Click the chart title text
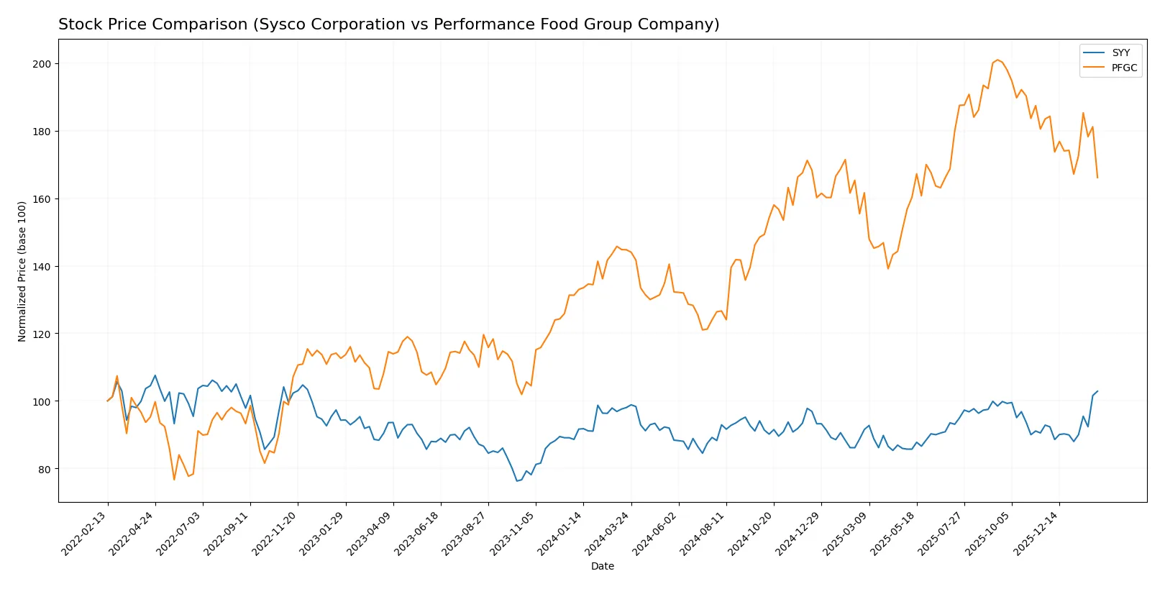point(388,24)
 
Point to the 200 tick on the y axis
point(42,64)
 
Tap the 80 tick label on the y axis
point(45,470)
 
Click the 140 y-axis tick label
point(42,267)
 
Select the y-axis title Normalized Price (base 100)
point(22,271)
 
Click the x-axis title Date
point(602,566)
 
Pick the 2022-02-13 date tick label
point(86,534)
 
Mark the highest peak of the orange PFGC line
point(997,60)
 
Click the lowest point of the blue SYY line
point(516,481)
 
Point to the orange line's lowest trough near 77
point(174,480)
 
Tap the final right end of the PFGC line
point(1097,178)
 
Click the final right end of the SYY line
point(1097,391)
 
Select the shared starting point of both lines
point(108,401)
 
